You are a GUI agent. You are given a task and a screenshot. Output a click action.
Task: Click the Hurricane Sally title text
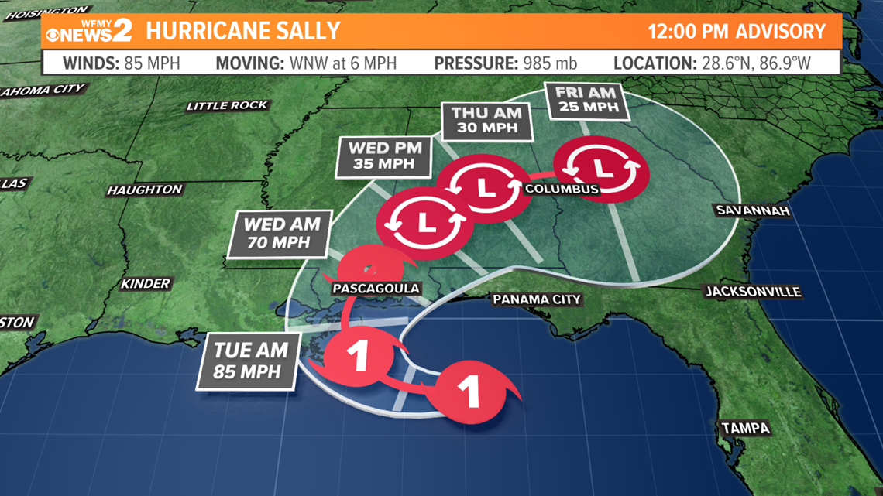tap(243, 32)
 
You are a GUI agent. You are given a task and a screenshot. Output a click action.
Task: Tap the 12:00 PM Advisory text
tap(737, 32)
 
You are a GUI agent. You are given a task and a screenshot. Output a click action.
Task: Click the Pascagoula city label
tap(376, 289)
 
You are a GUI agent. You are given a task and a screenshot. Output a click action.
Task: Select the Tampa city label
tap(745, 428)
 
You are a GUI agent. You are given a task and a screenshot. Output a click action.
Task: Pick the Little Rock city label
tap(227, 105)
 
